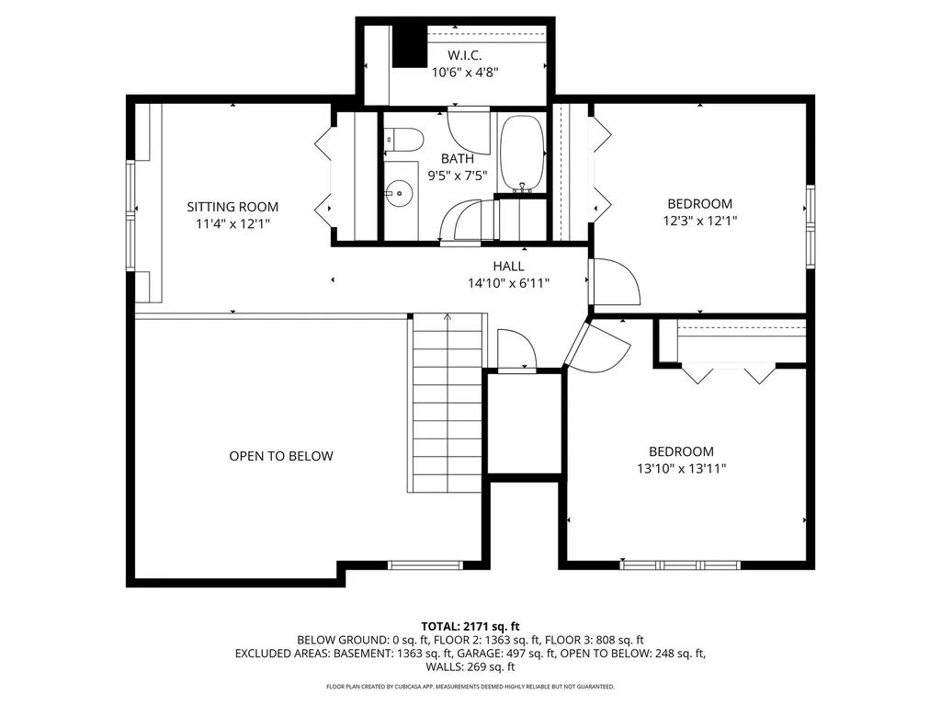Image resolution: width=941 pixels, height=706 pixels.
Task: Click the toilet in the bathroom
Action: point(404,140)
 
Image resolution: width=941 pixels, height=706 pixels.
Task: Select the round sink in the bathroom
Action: point(398,193)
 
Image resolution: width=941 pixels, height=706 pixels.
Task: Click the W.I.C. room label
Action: point(464,56)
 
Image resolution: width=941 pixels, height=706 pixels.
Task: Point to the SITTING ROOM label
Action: point(232,207)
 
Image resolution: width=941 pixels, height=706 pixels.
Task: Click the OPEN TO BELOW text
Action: point(281,456)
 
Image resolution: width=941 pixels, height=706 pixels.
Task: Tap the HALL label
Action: point(508,267)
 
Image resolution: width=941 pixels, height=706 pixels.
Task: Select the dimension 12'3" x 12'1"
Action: point(699,221)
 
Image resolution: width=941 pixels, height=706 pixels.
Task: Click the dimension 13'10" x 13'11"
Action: point(681,468)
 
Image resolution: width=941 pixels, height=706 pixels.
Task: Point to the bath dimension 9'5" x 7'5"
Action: point(457,175)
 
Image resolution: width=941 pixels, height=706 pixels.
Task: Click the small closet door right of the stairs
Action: point(516,349)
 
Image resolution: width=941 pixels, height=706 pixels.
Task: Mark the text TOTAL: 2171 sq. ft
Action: point(470,626)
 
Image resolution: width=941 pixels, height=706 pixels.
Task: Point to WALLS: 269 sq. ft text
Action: point(470,667)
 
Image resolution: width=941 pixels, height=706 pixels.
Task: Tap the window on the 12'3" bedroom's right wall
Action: point(811,226)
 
